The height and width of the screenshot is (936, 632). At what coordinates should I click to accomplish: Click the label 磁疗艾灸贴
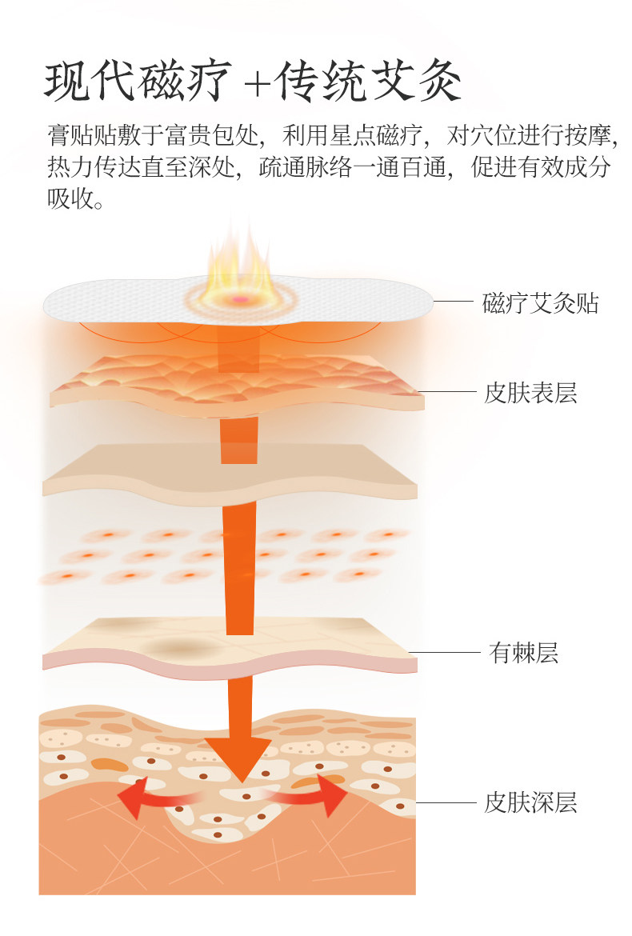[x=540, y=304]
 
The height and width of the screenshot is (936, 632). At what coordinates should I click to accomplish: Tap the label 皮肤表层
[x=530, y=393]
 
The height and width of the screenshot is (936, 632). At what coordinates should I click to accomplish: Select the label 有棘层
[x=523, y=654]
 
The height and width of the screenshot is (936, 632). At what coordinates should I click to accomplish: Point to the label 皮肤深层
[x=530, y=802]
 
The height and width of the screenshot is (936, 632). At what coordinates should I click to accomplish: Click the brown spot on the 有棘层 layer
[x=172, y=646]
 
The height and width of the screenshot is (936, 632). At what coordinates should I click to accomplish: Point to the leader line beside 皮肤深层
[x=445, y=802]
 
